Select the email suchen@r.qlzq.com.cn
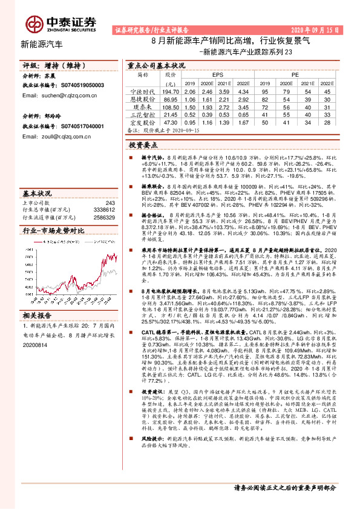[x=54, y=96]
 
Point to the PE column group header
[x=295, y=74]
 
